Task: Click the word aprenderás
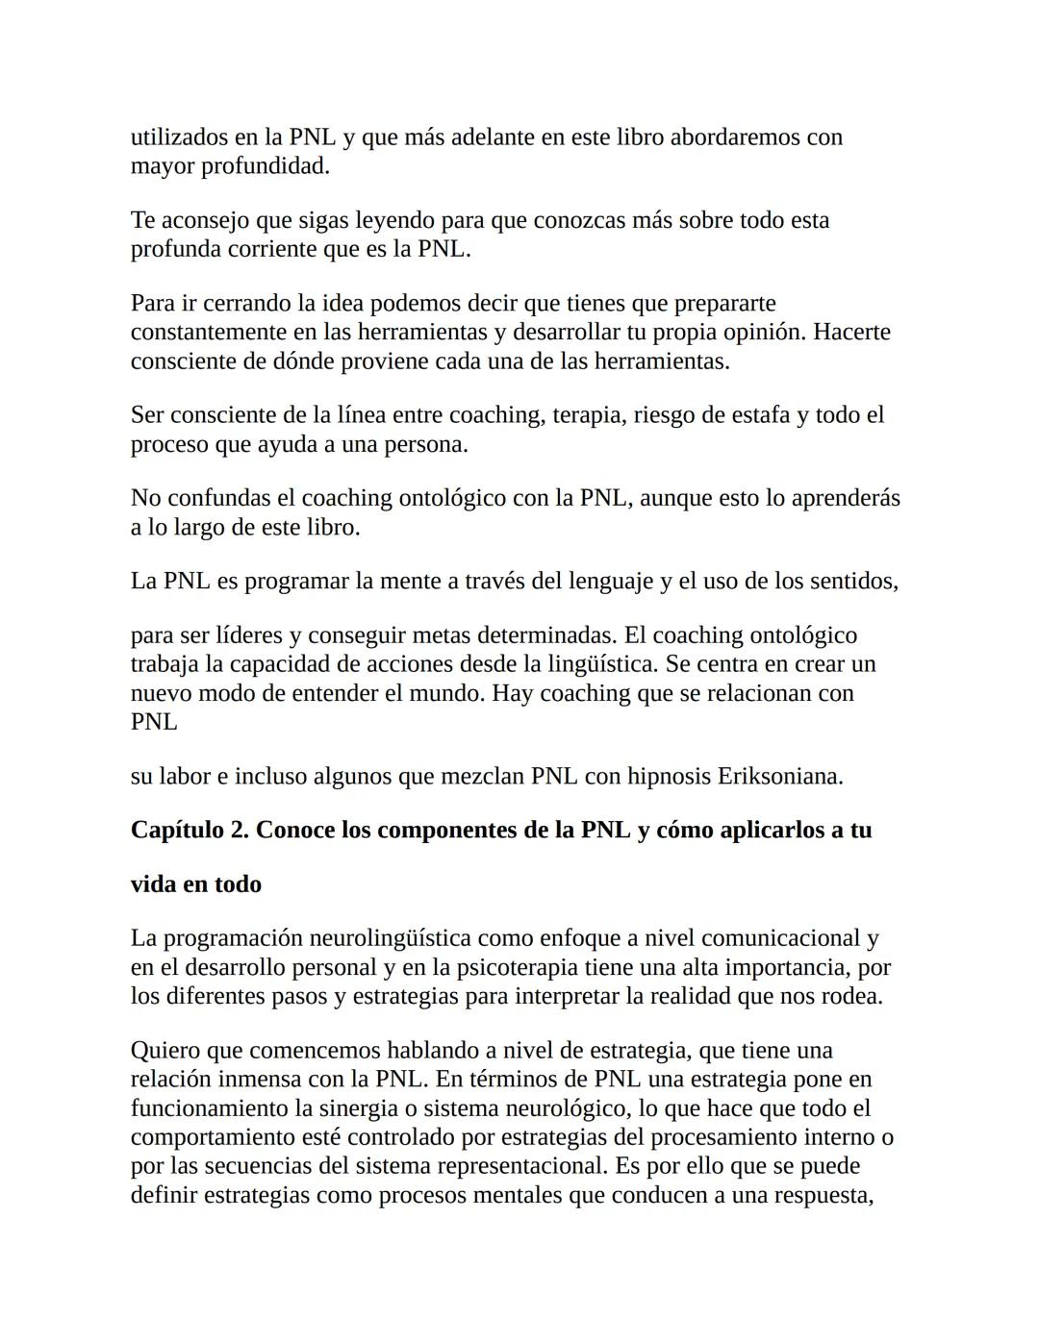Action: click(846, 498)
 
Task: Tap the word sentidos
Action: click(853, 581)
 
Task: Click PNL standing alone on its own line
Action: click(154, 722)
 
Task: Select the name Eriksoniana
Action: click(780, 776)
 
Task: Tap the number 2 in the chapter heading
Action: click(240, 830)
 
